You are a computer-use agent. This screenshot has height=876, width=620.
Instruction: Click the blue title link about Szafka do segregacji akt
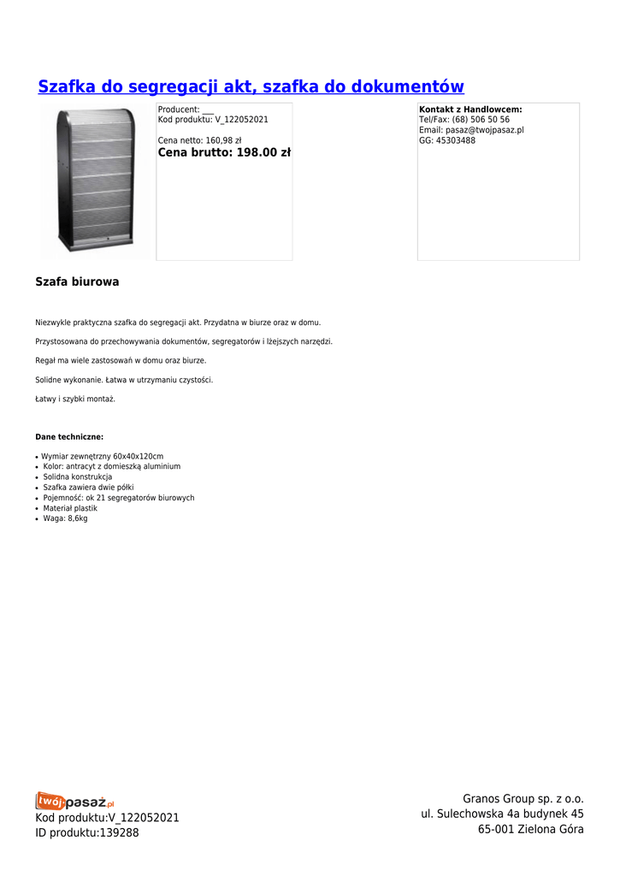pyautogui.click(x=251, y=87)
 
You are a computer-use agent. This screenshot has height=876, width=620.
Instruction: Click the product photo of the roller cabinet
pyautogui.click(x=96, y=181)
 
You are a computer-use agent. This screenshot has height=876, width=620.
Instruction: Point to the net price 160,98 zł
pyautogui.click(x=223, y=141)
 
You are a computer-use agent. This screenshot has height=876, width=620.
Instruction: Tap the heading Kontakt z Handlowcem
pyautogui.click(x=470, y=109)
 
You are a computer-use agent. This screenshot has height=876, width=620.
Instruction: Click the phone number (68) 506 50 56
pyautogui.click(x=481, y=120)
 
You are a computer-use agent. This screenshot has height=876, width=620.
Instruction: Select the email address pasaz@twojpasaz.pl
pyautogui.click(x=484, y=130)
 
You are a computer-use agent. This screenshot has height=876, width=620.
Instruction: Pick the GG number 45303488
pyautogui.click(x=455, y=140)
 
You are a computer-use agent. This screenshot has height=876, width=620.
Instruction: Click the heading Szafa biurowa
pyautogui.click(x=77, y=281)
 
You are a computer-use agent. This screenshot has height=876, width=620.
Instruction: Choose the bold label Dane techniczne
pyautogui.click(x=69, y=436)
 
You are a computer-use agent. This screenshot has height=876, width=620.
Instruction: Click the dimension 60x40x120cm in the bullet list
pyautogui.click(x=138, y=457)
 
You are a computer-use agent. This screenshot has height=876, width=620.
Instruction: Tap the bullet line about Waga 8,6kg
pyautogui.click(x=66, y=518)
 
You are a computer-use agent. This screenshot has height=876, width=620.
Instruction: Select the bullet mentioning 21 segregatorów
pyautogui.click(x=119, y=498)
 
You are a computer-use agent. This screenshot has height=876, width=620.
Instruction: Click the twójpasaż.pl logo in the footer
pyautogui.click(x=75, y=802)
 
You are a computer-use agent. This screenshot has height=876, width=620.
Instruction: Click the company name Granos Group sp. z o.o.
pyautogui.click(x=523, y=799)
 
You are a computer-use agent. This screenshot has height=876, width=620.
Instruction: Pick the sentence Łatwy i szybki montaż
pyautogui.click(x=75, y=399)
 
